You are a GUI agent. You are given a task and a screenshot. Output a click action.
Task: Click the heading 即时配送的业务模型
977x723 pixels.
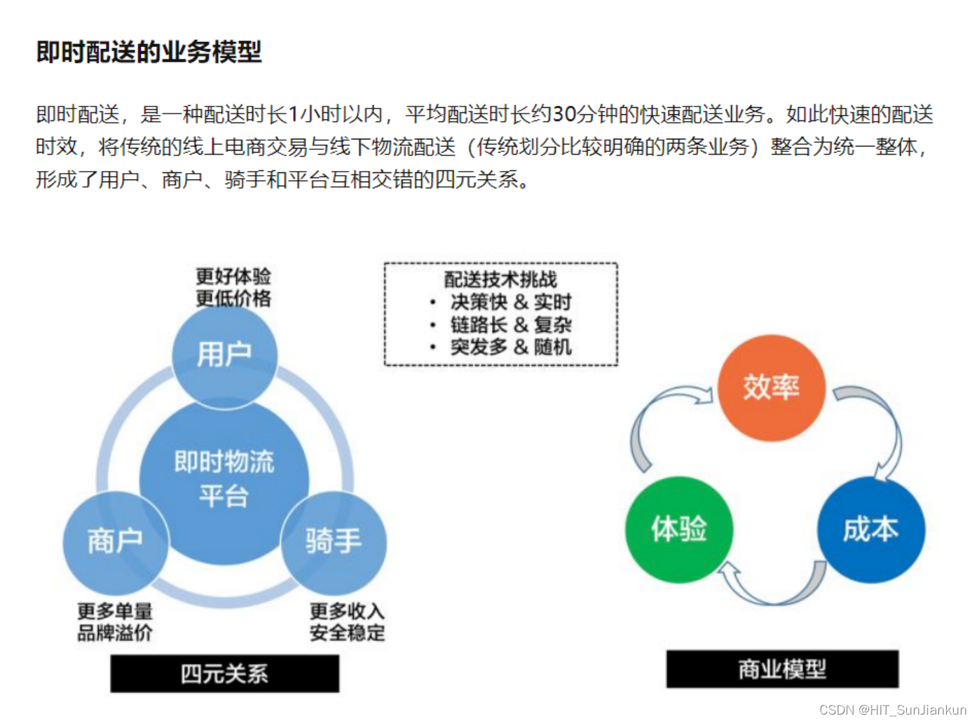(x=149, y=52)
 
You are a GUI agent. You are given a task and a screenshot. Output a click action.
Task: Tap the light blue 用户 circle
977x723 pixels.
(x=224, y=354)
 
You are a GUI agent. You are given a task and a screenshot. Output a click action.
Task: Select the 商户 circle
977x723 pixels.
(x=115, y=542)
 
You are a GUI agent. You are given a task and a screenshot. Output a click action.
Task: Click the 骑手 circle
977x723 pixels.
(x=334, y=542)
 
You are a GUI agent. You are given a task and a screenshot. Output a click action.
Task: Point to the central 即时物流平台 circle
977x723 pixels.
(x=224, y=479)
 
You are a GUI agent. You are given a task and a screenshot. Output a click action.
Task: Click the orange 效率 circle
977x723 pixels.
(x=771, y=387)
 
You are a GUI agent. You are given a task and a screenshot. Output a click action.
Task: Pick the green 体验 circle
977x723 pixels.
(x=678, y=529)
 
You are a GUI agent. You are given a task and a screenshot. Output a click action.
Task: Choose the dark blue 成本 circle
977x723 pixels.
(x=870, y=529)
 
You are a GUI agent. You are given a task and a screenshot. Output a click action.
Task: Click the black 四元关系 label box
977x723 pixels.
(x=224, y=674)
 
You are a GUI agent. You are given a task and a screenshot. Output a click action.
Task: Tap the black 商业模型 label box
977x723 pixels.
(x=782, y=670)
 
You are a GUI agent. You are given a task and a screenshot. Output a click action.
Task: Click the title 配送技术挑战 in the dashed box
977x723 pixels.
(x=500, y=280)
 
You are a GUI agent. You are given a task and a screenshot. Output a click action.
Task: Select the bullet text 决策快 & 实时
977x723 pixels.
(x=511, y=302)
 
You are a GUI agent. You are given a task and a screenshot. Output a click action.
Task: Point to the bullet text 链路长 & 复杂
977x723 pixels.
(x=511, y=324)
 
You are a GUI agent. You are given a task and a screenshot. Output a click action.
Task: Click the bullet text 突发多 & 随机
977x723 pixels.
(x=511, y=347)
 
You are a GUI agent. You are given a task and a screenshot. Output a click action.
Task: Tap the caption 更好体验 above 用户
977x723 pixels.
(x=233, y=276)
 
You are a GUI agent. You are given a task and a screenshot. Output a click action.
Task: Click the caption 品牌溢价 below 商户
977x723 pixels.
(x=115, y=633)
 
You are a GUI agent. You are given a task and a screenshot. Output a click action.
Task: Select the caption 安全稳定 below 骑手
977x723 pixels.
(x=348, y=633)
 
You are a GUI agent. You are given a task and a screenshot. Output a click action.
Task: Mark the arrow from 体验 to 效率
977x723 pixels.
(x=655, y=420)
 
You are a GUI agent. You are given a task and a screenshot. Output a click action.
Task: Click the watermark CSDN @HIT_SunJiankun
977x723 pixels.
(x=892, y=710)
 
